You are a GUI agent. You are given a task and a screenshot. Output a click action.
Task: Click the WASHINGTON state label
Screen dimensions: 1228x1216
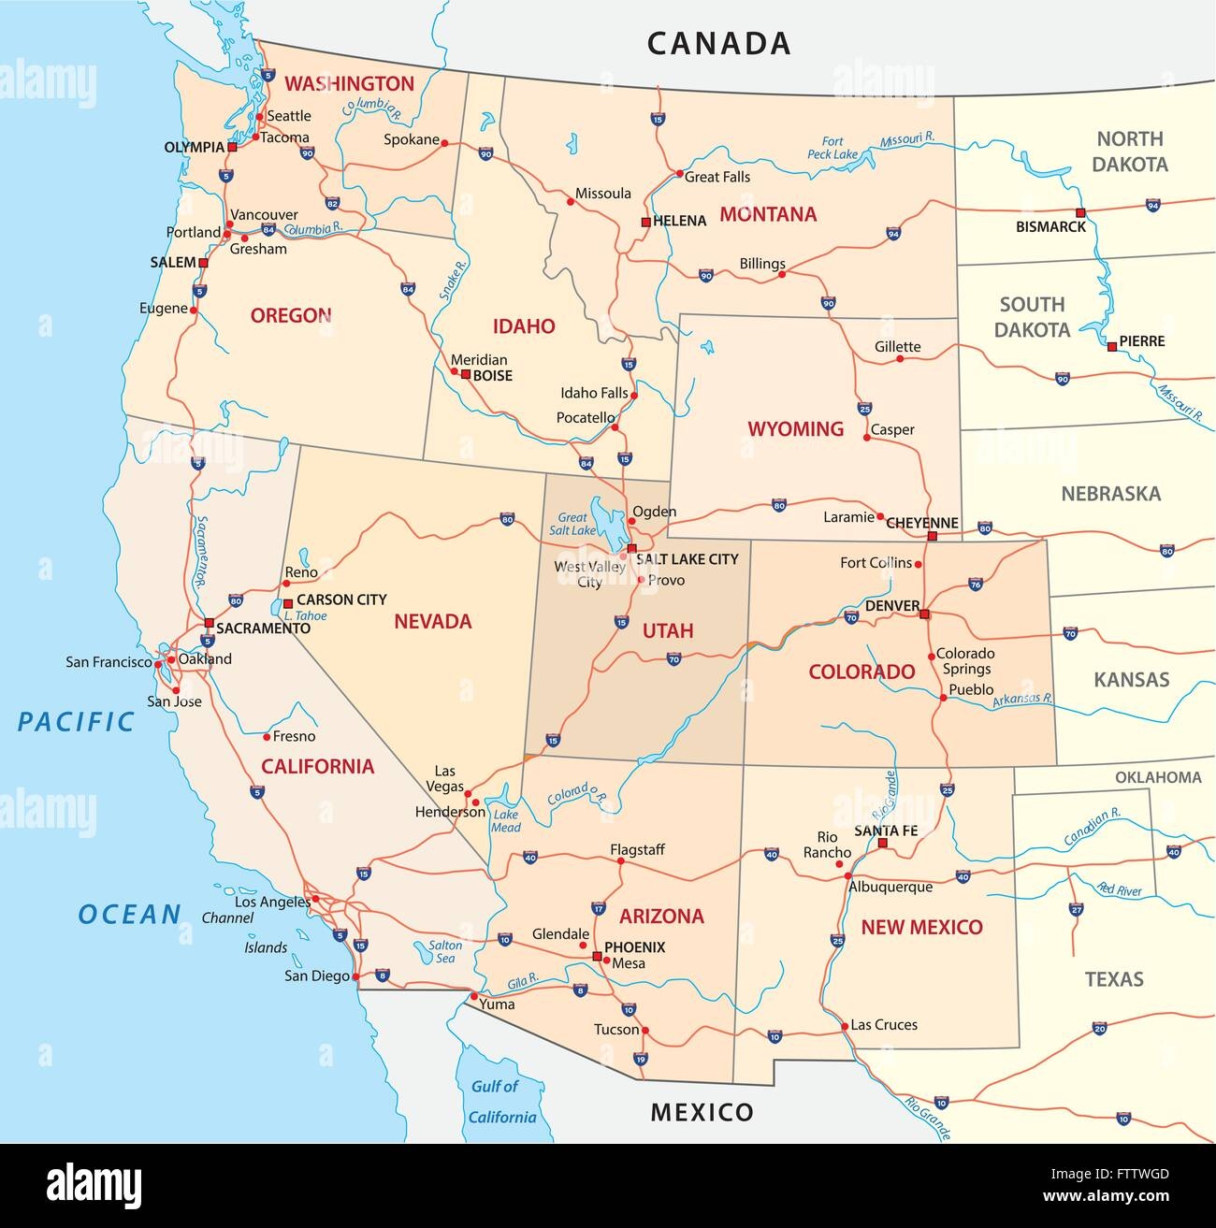click(349, 83)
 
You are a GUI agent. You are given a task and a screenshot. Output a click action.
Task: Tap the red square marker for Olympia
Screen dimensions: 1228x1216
click(232, 147)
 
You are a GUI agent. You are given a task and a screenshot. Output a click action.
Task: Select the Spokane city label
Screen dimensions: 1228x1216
click(412, 139)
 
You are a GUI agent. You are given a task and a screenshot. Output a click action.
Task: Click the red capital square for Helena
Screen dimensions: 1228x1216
click(645, 222)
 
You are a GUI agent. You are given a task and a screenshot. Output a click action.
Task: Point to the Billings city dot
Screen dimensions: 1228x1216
click(782, 274)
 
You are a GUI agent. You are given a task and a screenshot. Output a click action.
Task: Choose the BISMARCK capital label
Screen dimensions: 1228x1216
click(1051, 227)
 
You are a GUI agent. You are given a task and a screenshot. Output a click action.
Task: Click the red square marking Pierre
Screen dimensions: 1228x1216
click(1111, 347)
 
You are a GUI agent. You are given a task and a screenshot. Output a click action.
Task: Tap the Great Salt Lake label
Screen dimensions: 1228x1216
click(572, 524)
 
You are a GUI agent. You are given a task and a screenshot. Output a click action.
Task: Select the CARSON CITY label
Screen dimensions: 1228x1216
click(341, 600)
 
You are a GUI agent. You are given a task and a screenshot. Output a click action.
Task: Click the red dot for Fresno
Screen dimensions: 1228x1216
click(266, 736)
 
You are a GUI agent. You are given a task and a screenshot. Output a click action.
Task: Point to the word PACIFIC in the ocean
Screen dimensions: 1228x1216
click(77, 721)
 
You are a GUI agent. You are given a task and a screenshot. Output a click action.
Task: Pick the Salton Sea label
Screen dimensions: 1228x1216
click(445, 951)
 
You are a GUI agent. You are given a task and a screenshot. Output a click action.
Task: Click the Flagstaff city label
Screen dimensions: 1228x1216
click(637, 849)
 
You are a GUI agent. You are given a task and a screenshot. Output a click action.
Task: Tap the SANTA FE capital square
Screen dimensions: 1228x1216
click(881, 843)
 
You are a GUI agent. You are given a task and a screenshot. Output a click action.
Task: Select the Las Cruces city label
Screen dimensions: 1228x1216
click(884, 1025)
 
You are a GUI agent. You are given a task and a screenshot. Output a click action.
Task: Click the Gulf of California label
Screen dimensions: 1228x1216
click(502, 1102)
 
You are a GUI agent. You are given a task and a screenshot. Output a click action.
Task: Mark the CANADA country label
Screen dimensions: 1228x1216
click(718, 43)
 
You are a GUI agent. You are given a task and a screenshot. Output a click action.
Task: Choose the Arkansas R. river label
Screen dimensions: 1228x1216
click(1022, 699)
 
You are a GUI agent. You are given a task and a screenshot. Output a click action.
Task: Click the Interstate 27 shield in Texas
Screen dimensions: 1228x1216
click(1077, 909)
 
